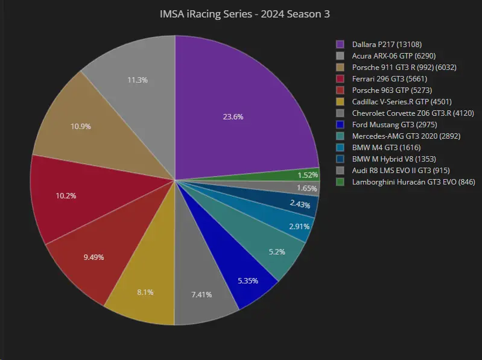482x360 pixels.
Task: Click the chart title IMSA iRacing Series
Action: [244, 14]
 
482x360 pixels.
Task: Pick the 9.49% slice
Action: [94, 257]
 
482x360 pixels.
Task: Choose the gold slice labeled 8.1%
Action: [145, 292]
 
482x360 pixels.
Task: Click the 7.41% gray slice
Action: [201, 295]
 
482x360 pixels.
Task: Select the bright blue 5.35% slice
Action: [248, 280]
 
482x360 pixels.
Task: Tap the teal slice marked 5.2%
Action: [276, 251]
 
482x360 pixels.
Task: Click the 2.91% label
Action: [299, 226]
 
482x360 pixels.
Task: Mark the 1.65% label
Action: [307, 189]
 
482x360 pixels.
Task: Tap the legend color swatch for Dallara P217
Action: [340, 44]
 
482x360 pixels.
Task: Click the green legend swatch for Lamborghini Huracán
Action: [340, 182]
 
